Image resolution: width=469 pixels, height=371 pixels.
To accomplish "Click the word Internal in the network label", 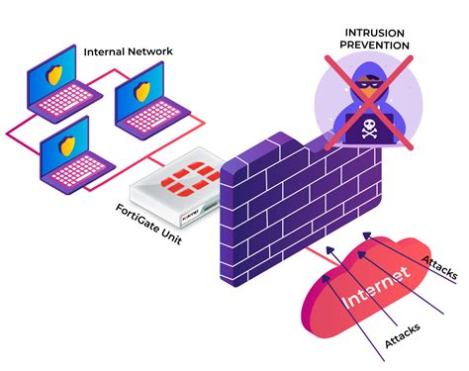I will [x=107, y=51].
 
